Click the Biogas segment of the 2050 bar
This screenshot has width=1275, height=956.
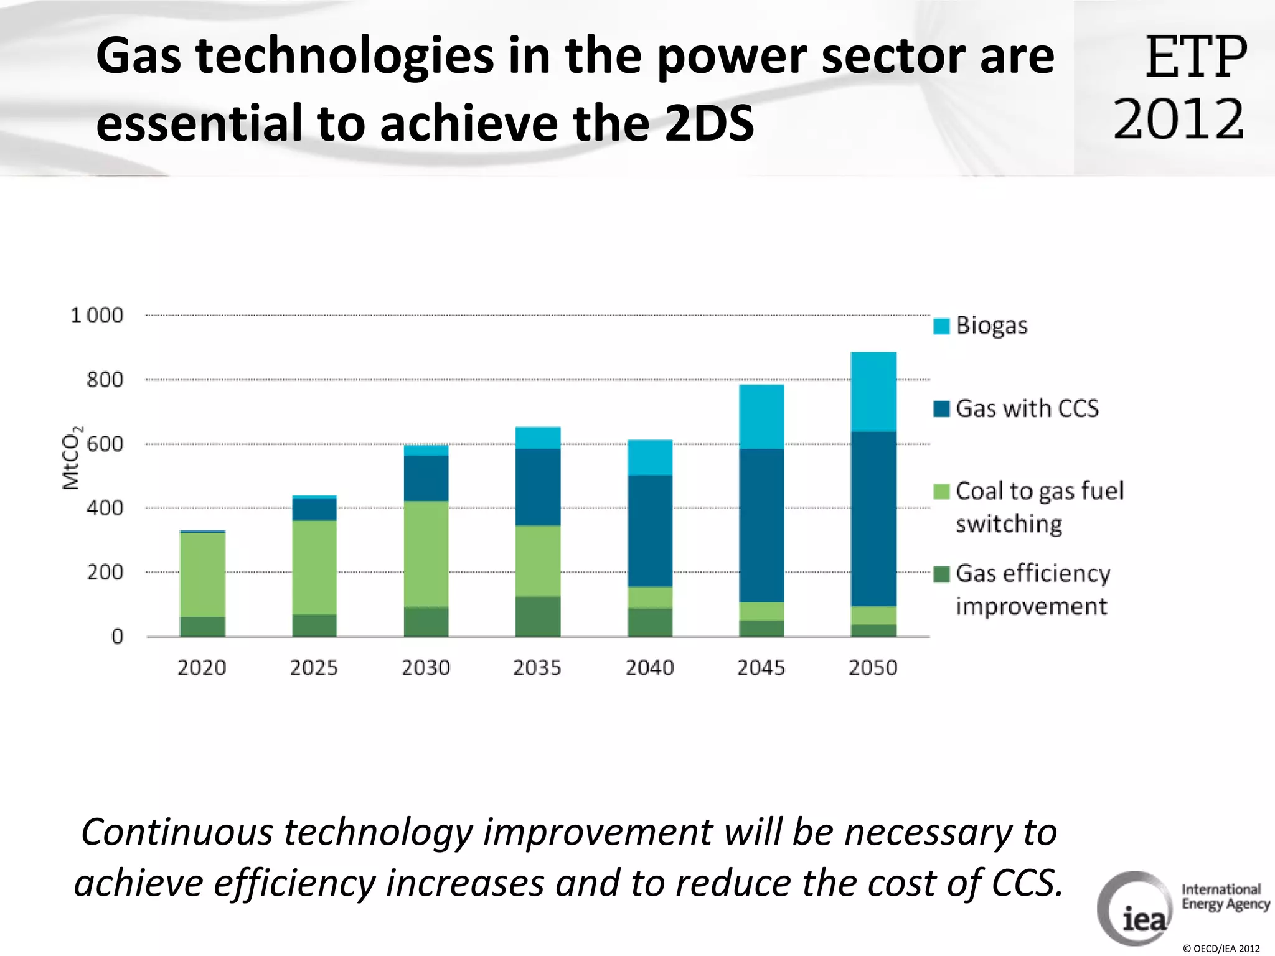tap(873, 391)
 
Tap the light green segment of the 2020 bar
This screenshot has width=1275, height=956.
tap(202, 574)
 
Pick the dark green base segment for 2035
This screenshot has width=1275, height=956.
tap(538, 616)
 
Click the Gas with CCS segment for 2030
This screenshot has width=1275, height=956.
tap(426, 478)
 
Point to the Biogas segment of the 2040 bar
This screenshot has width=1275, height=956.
tap(650, 457)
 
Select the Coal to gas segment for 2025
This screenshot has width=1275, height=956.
tap(314, 567)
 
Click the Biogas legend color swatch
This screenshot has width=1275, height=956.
tap(941, 326)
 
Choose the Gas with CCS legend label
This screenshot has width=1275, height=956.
tap(1027, 408)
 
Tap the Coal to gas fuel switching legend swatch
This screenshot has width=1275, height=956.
tap(941, 491)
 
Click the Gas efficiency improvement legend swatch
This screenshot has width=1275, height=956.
tap(941, 573)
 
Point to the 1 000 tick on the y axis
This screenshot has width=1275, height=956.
tap(97, 316)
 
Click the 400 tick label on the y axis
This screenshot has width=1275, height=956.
tap(105, 508)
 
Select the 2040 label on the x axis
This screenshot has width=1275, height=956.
tap(649, 668)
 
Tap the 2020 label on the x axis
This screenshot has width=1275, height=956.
tap(202, 668)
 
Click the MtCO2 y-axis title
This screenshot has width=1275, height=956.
tap(72, 457)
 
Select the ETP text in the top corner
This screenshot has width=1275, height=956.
tap(1196, 57)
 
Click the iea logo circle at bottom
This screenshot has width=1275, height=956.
tap(1134, 909)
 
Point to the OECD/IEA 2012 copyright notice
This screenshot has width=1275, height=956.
tap(1221, 949)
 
